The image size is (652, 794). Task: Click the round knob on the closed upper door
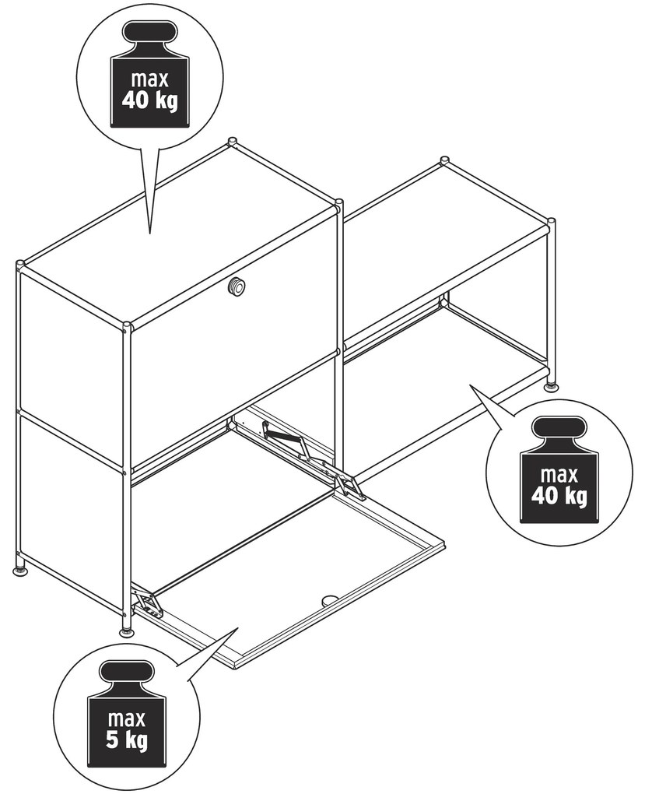click(237, 286)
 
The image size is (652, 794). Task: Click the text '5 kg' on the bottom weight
click(127, 741)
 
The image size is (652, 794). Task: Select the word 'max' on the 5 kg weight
click(127, 718)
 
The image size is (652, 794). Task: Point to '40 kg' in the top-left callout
click(150, 100)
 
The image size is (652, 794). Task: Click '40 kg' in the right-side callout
click(559, 495)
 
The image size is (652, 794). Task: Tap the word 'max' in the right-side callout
click(559, 475)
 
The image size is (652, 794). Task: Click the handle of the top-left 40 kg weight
click(149, 34)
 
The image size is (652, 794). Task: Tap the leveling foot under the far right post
click(552, 387)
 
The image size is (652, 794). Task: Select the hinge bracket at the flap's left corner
click(148, 603)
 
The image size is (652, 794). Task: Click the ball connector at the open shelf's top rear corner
click(444, 160)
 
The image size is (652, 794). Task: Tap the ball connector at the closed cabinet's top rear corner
click(232, 141)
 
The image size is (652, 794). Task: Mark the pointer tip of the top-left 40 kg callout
click(150, 234)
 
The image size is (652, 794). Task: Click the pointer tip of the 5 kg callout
click(238, 628)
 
